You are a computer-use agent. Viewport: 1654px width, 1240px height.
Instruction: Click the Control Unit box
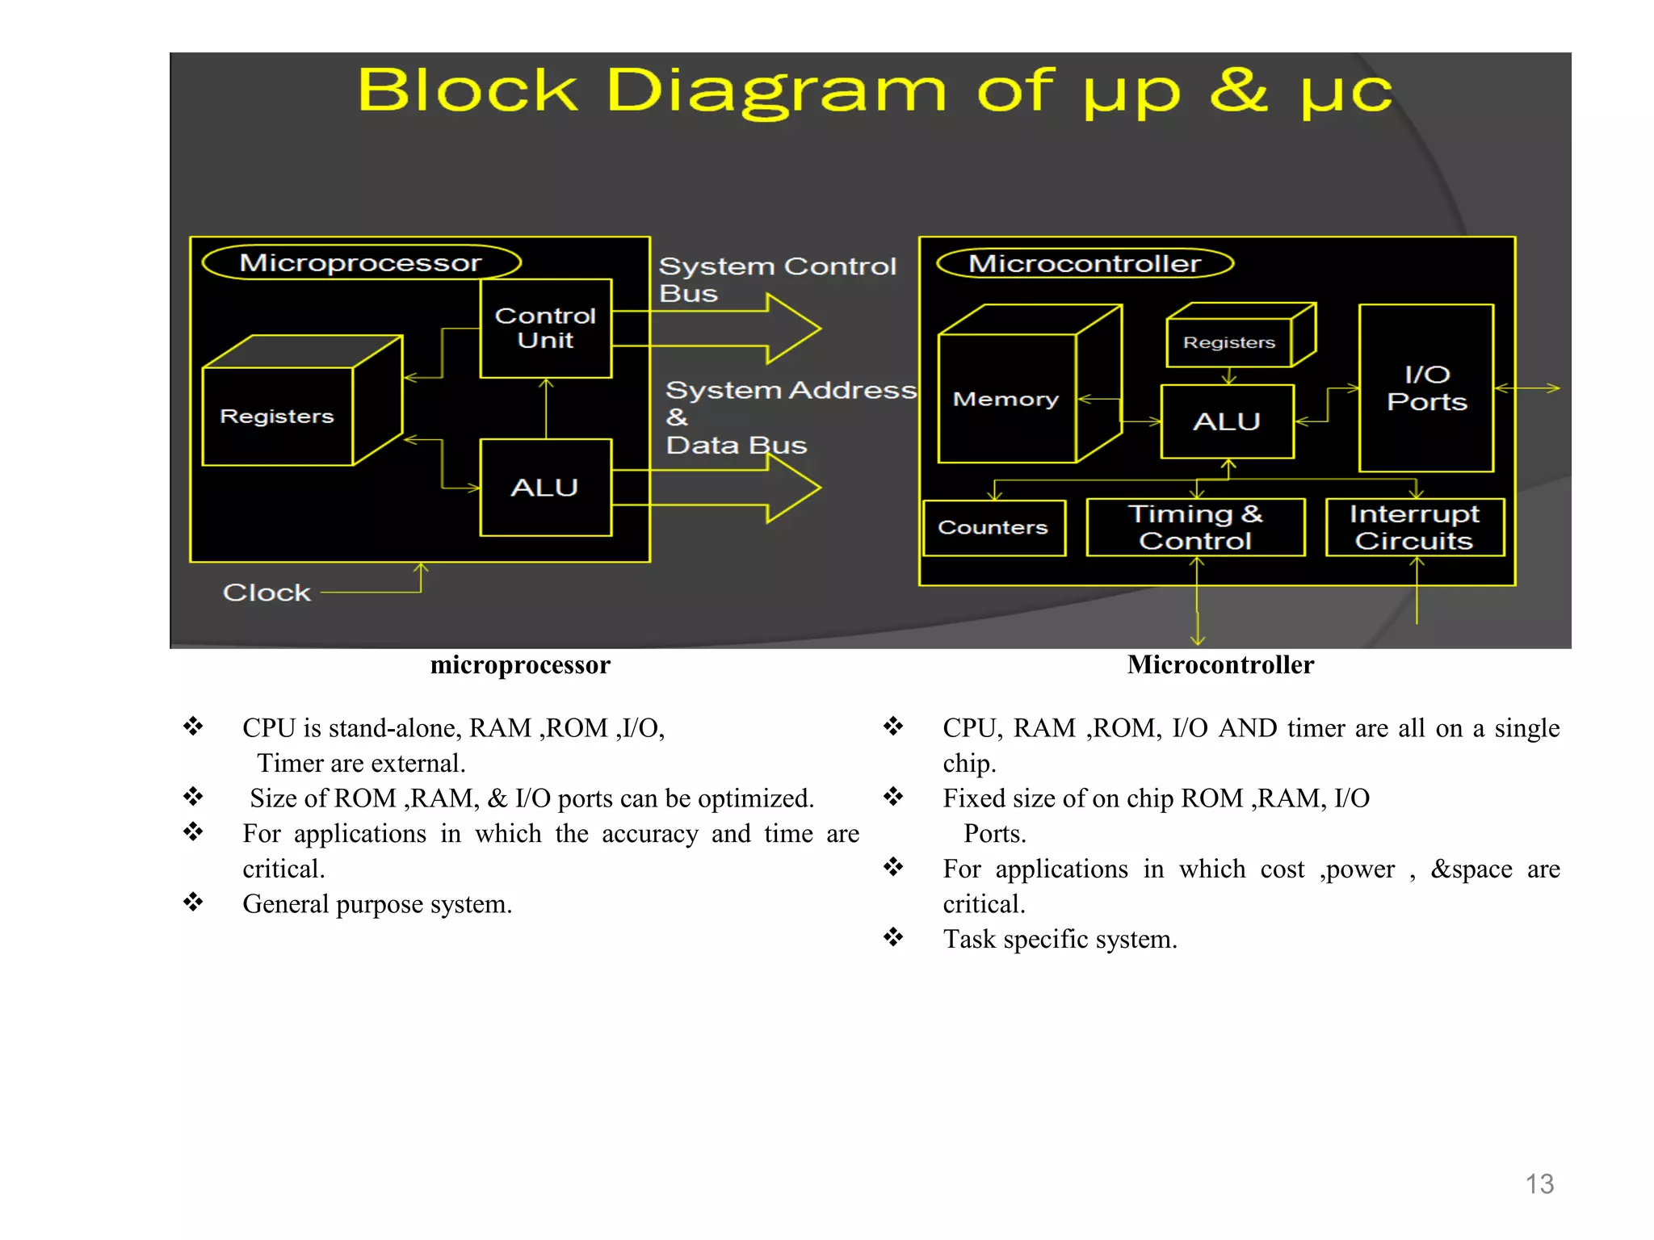[x=545, y=328]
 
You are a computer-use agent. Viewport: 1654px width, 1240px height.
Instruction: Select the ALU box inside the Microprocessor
[x=545, y=488]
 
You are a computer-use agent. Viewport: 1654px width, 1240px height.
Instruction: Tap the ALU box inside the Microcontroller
[x=1227, y=421]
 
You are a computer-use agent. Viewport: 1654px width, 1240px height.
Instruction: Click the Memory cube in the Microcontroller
[x=1006, y=398]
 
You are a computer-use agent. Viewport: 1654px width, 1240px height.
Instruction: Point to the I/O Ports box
[x=1426, y=388]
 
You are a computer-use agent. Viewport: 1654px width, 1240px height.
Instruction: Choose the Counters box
[x=993, y=528]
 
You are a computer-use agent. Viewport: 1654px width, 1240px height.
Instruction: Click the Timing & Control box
[x=1195, y=527]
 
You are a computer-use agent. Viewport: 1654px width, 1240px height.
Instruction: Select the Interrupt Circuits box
[x=1414, y=527]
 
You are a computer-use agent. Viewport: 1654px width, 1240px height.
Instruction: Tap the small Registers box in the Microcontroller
[x=1229, y=342]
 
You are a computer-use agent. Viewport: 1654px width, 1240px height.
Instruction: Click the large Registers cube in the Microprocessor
[x=278, y=416]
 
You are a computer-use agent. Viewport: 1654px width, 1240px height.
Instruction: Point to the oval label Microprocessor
[x=361, y=262]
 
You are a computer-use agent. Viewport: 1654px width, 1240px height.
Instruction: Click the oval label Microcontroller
[x=1085, y=263]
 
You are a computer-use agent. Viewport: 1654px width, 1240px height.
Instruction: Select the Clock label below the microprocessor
[x=267, y=593]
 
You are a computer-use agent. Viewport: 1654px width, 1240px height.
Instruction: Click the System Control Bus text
[x=777, y=279]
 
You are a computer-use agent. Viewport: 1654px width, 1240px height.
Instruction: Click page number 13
[x=1539, y=1184]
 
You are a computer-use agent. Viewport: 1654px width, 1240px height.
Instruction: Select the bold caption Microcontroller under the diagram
[x=1220, y=664]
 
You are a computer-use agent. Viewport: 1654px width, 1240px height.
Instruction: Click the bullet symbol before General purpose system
[x=193, y=902]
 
